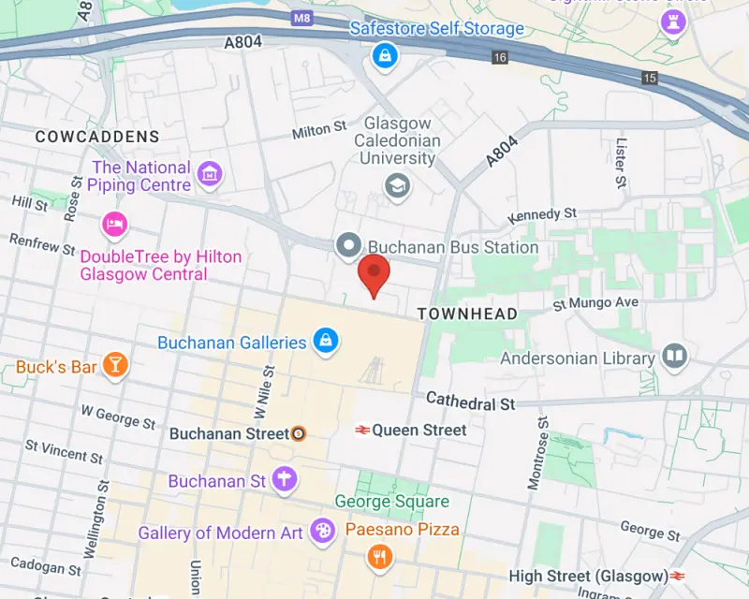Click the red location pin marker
[x=374, y=271]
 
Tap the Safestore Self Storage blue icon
[x=383, y=57]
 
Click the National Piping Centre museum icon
[x=211, y=173]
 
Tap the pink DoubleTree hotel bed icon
[x=114, y=225]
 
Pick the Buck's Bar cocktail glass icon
[x=115, y=366]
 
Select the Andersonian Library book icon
[x=674, y=357]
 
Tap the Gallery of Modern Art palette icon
[x=321, y=532]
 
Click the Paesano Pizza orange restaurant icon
[x=380, y=558]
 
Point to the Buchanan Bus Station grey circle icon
[x=349, y=246]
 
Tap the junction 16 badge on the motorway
[x=500, y=58]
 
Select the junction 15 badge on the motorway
[x=649, y=78]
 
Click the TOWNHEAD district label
[x=467, y=314]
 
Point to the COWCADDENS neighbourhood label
[x=97, y=137]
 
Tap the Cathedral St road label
[x=471, y=402]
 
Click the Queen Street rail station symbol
[x=360, y=431]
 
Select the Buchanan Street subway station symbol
[x=298, y=433]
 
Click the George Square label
[x=392, y=503]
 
